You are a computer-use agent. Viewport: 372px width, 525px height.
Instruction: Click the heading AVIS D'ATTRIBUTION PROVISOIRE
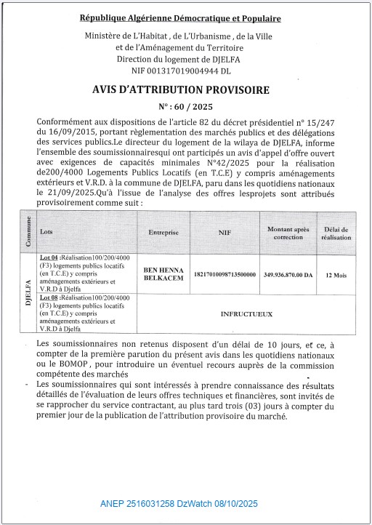click(180, 90)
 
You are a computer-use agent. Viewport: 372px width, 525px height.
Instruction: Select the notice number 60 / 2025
click(180, 105)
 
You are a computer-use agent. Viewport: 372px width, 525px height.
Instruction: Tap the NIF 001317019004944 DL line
click(181, 71)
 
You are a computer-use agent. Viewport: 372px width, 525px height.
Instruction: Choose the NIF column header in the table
click(225, 233)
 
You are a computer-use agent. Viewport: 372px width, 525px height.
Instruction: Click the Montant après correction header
click(289, 233)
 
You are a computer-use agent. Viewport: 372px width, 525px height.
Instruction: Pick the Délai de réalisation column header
click(337, 233)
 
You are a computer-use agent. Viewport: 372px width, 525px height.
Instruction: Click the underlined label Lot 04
click(50, 259)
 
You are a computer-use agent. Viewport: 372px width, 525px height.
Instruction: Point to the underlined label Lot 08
click(50, 298)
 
